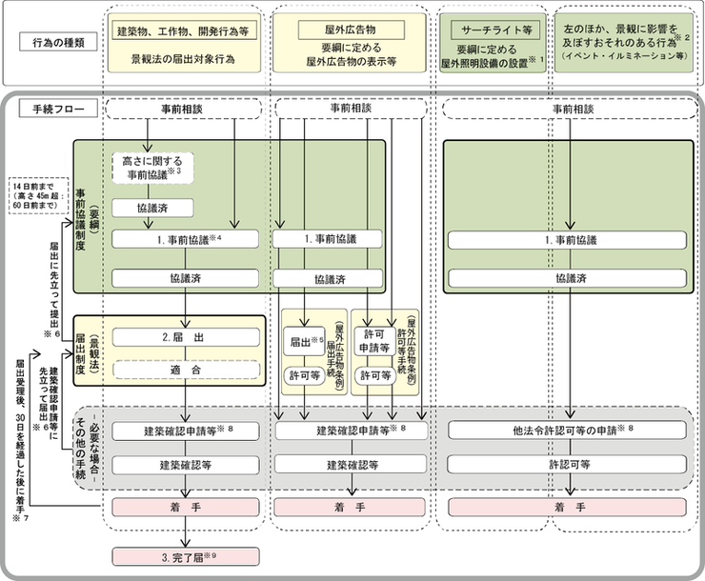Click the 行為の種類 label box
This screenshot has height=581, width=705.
click(x=58, y=44)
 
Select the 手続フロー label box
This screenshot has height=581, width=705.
click(x=58, y=109)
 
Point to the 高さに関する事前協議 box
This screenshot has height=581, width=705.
click(x=153, y=168)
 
